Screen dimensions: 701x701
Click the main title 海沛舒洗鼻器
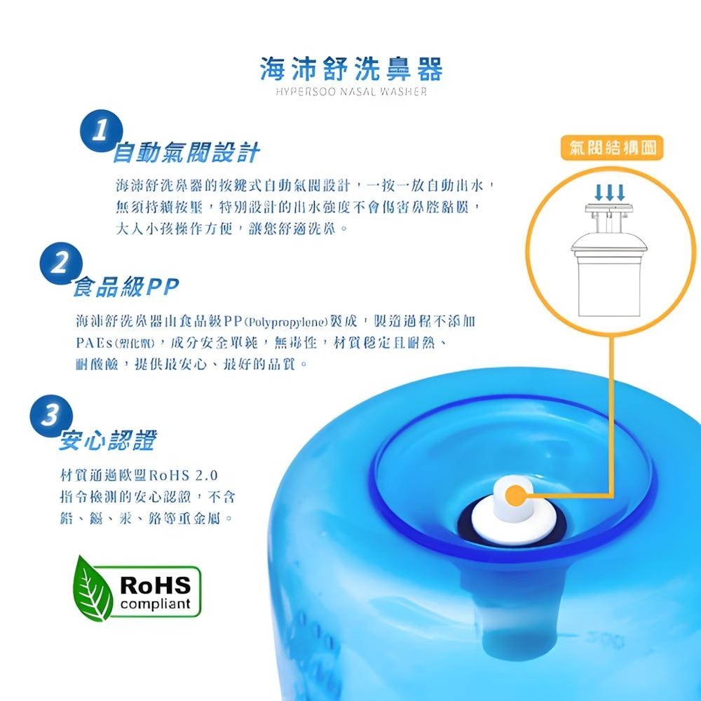pos(350,70)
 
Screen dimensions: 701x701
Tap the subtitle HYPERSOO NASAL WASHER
pos(350,93)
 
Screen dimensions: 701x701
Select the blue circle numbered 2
pos(61,264)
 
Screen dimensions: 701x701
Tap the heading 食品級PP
pos(126,286)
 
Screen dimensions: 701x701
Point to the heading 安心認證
pos(108,440)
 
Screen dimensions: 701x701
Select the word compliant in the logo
pos(156,604)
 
